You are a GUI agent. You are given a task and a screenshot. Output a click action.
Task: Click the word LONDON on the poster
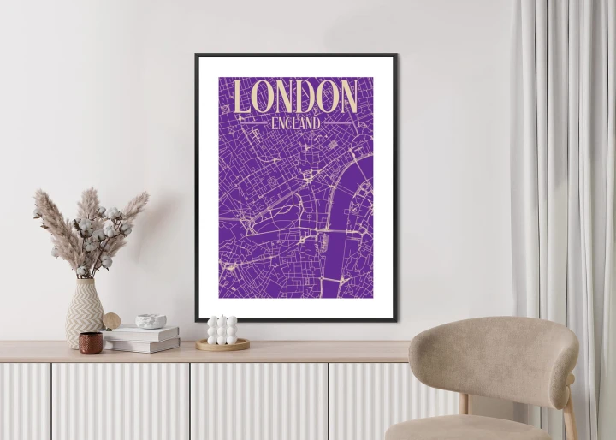[295, 97]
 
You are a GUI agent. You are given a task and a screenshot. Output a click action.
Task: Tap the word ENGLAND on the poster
[295, 123]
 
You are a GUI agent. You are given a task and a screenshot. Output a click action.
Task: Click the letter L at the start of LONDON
[243, 98]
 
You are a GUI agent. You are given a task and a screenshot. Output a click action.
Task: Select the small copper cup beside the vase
[91, 342]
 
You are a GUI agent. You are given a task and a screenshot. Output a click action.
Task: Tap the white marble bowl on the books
[151, 321]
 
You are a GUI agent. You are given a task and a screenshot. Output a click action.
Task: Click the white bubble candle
[222, 330]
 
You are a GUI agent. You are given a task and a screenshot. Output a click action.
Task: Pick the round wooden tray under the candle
[222, 345]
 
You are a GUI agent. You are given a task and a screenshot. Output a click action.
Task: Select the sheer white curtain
[565, 171]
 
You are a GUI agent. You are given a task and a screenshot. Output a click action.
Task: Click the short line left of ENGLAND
[254, 123]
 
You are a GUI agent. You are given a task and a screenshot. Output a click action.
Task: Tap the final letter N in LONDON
[346, 97]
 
